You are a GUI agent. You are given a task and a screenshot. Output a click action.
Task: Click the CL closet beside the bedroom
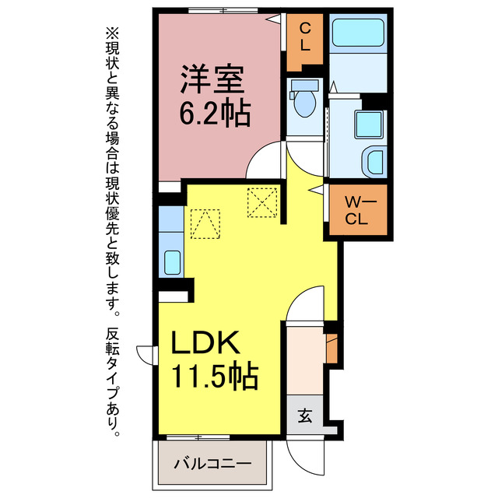[x=305, y=37]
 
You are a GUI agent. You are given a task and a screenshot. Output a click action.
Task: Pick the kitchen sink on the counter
[x=172, y=261]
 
